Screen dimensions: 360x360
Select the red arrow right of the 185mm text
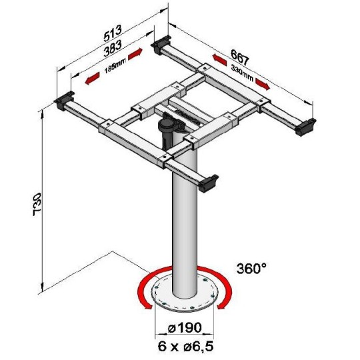135,53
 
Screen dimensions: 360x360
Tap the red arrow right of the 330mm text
261,85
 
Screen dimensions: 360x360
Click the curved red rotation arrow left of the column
142,294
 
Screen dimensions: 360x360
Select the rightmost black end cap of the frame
305,125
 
